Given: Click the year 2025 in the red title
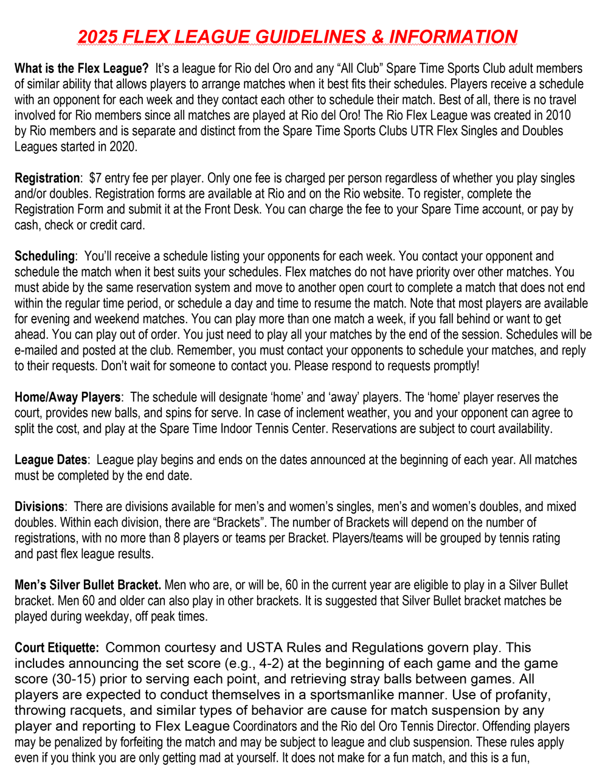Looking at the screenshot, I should click(98, 37).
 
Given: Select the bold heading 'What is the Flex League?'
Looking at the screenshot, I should click(81, 68).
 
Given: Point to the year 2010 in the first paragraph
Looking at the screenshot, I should click(559, 115).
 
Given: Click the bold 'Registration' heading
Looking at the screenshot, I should click(47, 178).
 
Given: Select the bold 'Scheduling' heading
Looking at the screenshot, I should click(44, 256).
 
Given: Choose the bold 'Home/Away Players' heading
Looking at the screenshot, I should click(67, 397).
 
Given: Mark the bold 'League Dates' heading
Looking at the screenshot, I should click(51, 460).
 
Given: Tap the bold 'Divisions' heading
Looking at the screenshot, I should click(39, 507).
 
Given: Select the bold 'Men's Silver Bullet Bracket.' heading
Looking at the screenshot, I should click(88, 585).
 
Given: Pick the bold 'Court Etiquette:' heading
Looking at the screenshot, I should click(57, 648).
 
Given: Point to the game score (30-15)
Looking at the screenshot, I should click(74, 679).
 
